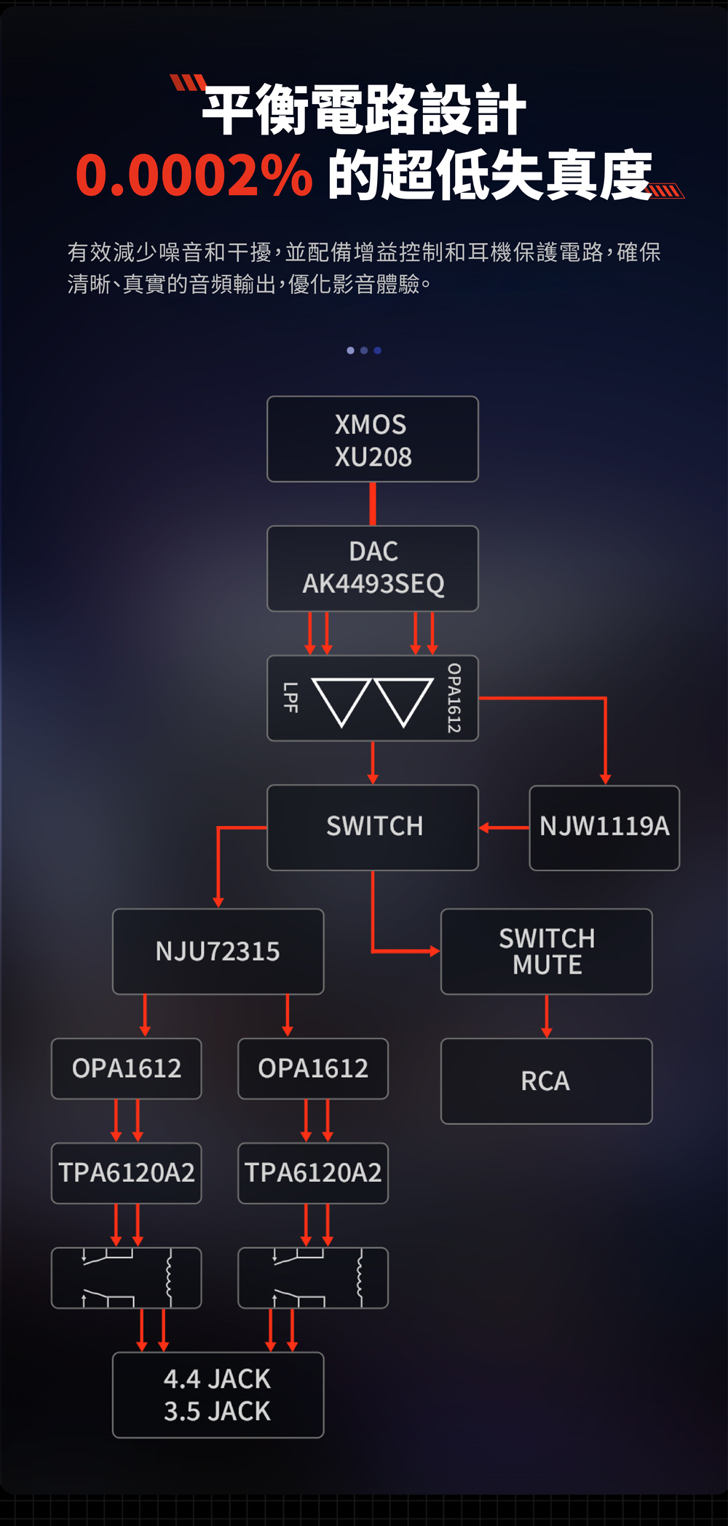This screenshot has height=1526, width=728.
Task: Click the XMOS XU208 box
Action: click(373, 439)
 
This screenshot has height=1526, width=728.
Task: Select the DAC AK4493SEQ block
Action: click(373, 568)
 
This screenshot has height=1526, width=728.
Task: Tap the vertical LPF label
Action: click(290, 697)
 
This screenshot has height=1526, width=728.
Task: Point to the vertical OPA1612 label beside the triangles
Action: click(454, 698)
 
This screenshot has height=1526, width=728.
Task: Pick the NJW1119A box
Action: click(604, 827)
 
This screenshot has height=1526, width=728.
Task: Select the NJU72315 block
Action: click(218, 951)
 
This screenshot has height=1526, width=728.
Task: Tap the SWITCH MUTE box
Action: click(547, 951)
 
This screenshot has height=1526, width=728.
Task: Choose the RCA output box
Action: click(547, 1081)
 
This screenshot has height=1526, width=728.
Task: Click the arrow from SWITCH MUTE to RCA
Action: click(547, 1016)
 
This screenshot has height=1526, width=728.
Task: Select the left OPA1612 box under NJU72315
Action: click(126, 1068)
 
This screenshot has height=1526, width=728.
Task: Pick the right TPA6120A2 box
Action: click(313, 1173)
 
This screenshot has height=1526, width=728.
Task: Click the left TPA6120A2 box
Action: click(126, 1173)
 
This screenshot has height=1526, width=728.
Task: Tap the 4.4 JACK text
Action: click(217, 1379)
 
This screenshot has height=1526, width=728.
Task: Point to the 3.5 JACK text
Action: click(217, 1412)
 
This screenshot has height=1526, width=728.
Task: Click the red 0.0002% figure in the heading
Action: click(194, 176)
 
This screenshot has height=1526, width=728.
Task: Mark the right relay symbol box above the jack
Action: click(313, 1278)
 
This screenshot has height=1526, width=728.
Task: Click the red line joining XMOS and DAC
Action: click(373, 504)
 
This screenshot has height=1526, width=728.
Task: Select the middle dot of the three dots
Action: click(364, 351)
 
